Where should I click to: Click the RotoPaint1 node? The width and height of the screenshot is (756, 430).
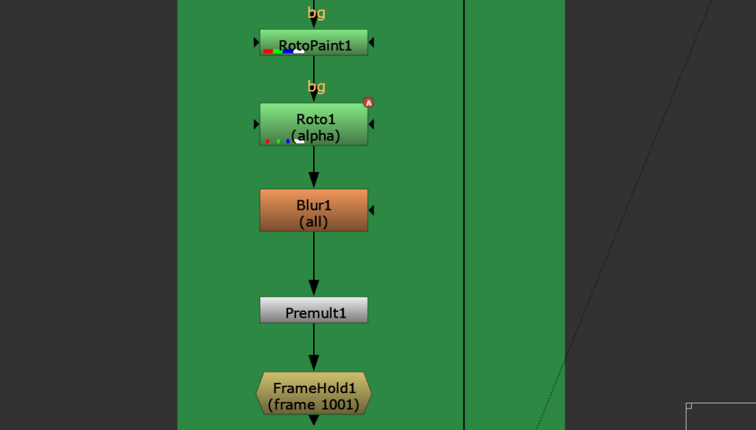tap(314, 42)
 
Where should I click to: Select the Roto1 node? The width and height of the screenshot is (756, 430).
tap(314, 124)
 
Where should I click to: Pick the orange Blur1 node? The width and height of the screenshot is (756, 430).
tap(314, 211)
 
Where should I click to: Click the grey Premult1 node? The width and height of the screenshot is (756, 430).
tap(314, 310)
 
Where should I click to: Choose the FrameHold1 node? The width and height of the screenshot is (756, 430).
tap(314, 393)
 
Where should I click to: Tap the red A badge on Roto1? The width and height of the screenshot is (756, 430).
tap(368, 103)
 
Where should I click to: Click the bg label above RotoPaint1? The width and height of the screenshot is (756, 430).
tap(316, 13)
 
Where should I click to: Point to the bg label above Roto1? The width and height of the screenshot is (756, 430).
tap(316, 86)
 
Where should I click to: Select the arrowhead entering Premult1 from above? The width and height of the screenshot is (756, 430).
tap(314, 287)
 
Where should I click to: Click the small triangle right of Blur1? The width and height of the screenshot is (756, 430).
tap(371, 211)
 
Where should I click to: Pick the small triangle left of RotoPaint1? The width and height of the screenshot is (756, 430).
tap(256, 43)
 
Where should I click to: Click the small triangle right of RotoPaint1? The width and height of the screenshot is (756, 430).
tap(371, 43)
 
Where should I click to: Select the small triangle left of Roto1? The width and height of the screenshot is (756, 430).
tap(256, 124)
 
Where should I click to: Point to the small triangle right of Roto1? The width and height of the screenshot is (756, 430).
tap(371, 124)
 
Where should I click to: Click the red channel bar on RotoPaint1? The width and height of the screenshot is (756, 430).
tap(268, 52)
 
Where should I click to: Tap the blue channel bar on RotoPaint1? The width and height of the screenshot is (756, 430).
tap(287, 52)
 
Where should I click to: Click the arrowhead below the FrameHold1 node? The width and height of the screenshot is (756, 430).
tap(314, 420)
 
